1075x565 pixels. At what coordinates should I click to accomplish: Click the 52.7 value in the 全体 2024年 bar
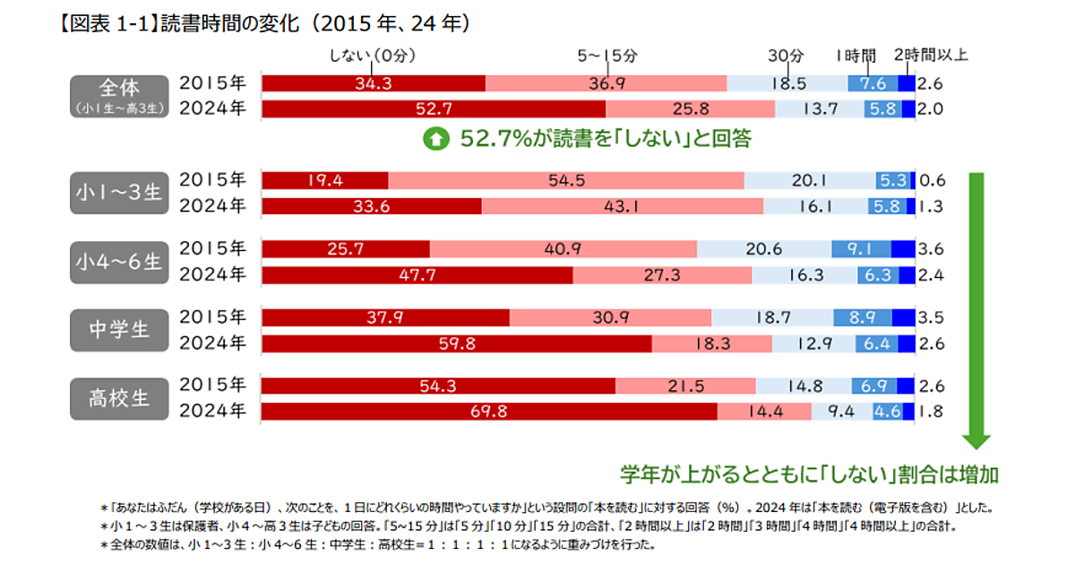point(434,109)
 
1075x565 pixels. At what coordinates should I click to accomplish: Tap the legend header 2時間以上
point(931,56)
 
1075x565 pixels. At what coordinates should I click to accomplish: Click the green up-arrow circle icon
point(435,139)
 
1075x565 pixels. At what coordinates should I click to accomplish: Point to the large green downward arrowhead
point(976,440)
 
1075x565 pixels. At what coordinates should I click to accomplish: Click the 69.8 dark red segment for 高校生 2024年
point(489,412)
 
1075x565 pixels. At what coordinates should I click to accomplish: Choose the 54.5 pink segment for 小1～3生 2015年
point(566,180)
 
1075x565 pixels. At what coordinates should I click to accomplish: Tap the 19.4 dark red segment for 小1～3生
point(325,180)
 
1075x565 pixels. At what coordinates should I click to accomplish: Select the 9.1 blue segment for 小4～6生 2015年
point(862,248)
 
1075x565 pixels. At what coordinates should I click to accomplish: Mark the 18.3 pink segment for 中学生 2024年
point(711,343)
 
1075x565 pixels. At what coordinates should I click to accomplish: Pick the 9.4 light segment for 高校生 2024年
point(832,412)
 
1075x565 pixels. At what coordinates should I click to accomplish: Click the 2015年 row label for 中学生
point(212,317)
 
